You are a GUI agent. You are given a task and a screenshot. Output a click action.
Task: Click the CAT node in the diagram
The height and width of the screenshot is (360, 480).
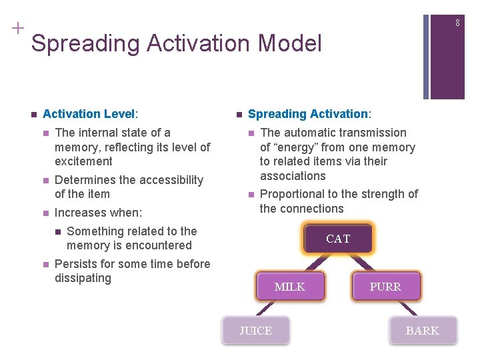(x=337, y=239)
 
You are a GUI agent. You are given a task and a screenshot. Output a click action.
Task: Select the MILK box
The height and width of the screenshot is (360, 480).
(x=289, y=287)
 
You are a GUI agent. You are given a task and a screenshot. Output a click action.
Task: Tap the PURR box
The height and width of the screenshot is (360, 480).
(x=385, y=287)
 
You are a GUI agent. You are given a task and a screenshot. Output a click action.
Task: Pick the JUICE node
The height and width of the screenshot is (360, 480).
(x=256, y=331)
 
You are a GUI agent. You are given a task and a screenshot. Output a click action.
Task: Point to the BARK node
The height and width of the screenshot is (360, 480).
(x=423, y=331)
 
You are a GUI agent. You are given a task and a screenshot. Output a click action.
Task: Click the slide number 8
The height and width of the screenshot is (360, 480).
(x=458, y=23)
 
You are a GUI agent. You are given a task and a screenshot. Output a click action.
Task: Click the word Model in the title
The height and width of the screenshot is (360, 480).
(x=290, y=44)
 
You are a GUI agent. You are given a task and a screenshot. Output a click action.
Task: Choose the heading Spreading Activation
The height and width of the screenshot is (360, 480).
(x=307, y=114)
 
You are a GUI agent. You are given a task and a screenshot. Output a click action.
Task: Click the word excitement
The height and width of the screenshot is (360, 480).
(x=83, y=161)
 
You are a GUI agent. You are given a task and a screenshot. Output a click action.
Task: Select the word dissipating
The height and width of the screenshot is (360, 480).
(x=83, y=278)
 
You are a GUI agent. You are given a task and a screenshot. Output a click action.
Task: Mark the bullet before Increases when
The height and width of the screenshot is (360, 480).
(x=45, y=213)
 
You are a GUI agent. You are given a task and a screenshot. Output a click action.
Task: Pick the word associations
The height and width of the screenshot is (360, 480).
(x=293, y=176)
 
